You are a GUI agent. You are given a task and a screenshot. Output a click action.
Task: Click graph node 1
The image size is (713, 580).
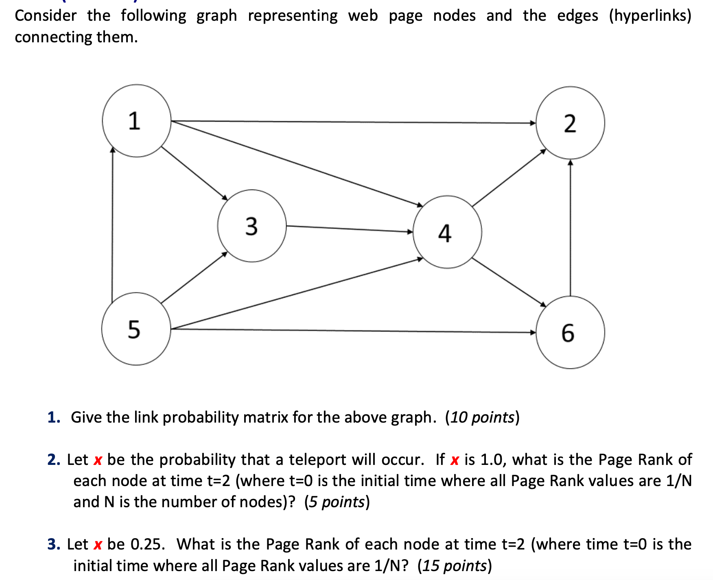pos(136,121)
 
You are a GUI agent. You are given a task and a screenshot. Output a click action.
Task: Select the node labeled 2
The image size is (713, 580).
pos(570,123)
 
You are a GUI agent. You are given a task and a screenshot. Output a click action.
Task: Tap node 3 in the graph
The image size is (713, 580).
pos(252,226)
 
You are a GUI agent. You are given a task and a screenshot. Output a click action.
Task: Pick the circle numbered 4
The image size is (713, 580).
pos(447,232)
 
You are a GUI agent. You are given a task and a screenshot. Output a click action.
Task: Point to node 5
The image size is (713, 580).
pos(136,329)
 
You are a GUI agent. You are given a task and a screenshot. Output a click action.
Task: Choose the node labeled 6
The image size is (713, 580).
pos(570,332)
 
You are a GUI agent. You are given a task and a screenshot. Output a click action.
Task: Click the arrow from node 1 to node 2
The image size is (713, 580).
pos(353,122)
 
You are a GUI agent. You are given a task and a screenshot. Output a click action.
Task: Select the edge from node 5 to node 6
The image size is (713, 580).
pos(353,331)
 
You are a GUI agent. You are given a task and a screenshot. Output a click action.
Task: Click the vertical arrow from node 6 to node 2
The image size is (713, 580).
pos(570,228)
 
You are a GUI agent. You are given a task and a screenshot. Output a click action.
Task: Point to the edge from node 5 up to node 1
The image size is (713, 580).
pos(112,224)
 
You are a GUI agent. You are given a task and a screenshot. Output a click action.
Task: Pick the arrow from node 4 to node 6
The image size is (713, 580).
pos(509,282)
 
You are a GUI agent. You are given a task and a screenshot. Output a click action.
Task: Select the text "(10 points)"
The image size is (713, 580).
pos(482,417)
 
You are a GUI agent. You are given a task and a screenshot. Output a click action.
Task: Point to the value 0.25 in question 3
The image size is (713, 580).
pos(148,544)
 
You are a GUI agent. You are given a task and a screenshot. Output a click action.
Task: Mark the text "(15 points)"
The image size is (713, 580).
pos(455,566)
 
